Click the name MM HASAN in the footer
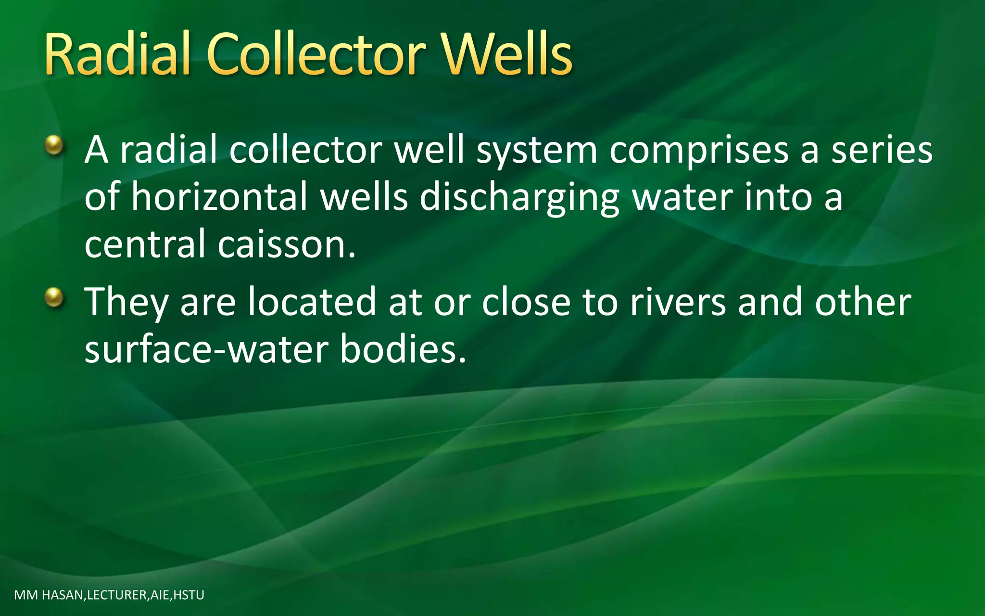pyautogui.click(x=49, y=595)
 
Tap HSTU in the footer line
pyautogui.click(x=189, y=595)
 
